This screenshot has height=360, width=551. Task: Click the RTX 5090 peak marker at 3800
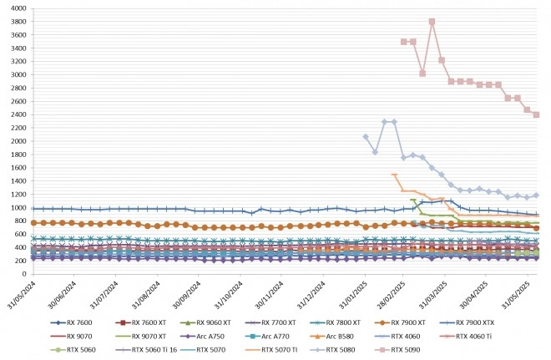432,22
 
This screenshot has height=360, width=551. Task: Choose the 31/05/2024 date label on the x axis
22,295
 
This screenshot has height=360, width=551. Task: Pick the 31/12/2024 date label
311,295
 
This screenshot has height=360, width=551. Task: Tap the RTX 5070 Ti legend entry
271,350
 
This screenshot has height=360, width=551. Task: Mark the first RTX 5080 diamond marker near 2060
366,137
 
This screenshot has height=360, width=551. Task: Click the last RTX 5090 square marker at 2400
536,114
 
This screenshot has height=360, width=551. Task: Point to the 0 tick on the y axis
24,274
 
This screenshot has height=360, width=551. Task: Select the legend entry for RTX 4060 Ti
466,336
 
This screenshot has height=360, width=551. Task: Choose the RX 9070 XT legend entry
140,336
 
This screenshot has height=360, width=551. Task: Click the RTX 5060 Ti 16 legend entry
146,350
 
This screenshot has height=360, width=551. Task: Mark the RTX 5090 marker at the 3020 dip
422,74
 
